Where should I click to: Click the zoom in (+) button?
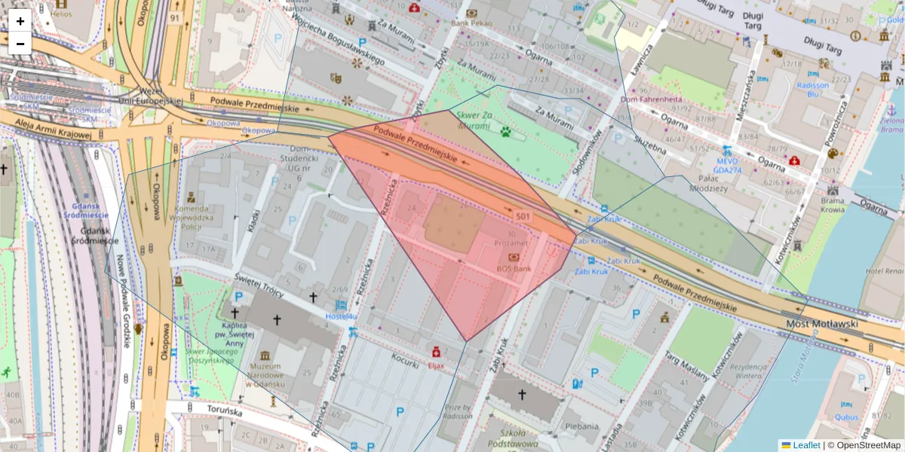(20, 21)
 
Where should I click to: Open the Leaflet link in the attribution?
(806, 445)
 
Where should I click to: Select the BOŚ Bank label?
(514, 268)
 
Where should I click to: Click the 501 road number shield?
(523, 217)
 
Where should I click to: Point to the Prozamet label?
(511, 244)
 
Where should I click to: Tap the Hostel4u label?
(340, 316)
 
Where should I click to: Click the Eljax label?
(436, 365)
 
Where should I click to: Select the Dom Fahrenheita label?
(651, 99)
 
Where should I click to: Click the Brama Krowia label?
(833, 206)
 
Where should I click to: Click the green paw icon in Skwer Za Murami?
(505, 132)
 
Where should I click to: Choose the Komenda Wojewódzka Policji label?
(198, 217)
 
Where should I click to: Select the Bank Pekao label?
(471, 23)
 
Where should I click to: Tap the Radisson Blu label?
(812, 90)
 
